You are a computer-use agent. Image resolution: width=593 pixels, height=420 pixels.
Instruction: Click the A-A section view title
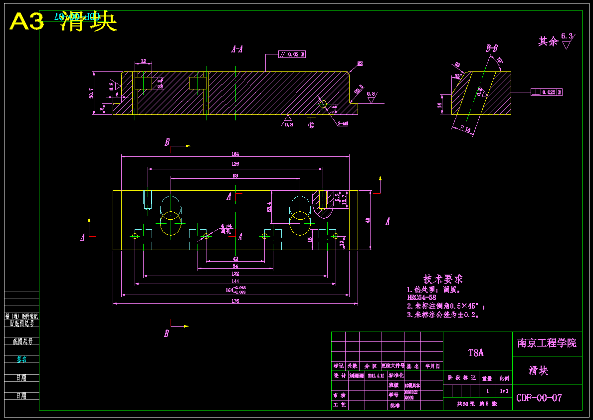(237, 49)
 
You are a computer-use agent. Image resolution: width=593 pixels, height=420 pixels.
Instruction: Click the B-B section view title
(492, 48)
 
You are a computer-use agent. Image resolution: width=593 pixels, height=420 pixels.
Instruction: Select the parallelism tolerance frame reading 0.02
(292, 54)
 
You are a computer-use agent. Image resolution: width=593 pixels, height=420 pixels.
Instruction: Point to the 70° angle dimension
(499, 60)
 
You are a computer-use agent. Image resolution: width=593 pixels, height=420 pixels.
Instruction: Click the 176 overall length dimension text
(235, 301)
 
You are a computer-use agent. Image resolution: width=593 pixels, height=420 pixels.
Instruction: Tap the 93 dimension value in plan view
(235, 176)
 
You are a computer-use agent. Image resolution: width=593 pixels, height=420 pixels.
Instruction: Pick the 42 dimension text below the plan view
(235, 259)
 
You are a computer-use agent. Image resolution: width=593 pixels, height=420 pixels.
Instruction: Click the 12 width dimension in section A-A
(144, 61)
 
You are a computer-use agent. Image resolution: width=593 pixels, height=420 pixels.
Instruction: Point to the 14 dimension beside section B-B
(439, 105)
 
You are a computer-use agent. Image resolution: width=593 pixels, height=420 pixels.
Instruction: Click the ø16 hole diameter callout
(464, 129)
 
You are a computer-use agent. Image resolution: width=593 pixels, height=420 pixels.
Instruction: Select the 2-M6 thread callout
(343, 124)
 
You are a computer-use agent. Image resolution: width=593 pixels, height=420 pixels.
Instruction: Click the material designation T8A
(476, 353)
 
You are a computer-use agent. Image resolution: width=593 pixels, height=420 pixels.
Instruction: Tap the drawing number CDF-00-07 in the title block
(539, 398)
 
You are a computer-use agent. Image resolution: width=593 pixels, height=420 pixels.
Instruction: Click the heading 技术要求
(443, 279)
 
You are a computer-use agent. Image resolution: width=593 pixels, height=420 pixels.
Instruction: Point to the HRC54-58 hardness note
(421, 298)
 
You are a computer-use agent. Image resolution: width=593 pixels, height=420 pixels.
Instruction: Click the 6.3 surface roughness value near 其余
(567, 36)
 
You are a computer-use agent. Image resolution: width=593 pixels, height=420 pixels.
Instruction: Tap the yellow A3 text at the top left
(27, 22)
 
